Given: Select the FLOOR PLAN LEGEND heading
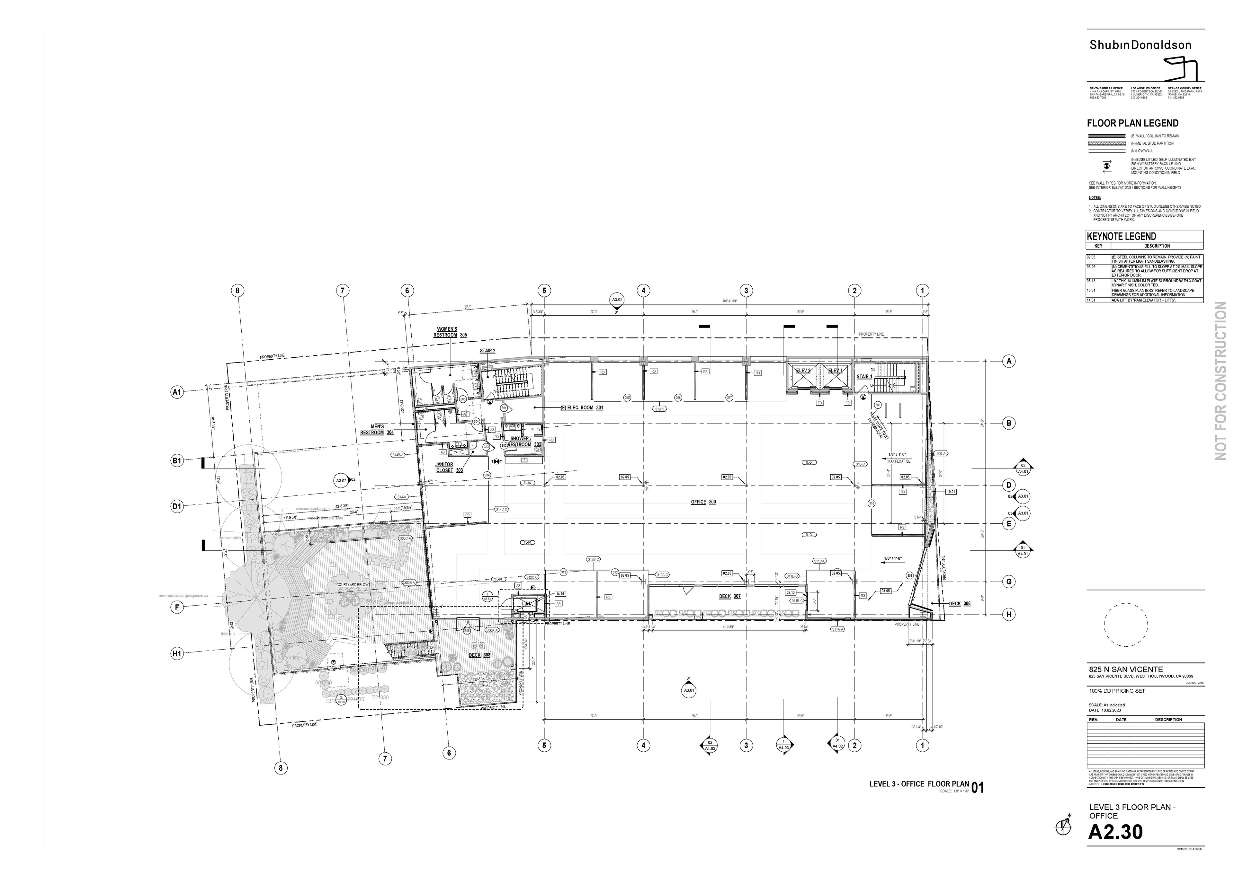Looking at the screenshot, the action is coord(1132,123).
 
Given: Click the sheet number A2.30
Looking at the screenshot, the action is coord(1115,832).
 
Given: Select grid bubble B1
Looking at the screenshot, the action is coord(177,461).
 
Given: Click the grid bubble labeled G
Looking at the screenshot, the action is coord(1009,582).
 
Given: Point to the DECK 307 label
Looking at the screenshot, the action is coord(730,596).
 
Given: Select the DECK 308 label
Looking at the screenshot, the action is coord(479,655).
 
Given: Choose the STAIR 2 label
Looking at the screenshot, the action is coord(487,351).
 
